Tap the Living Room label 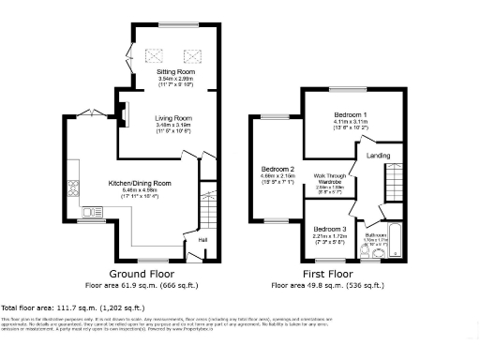[172, 118]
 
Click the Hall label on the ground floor [202, 240]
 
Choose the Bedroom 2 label [277, 170]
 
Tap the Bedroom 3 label [329, 229]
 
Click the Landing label [379, 155]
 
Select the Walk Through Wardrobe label [329, 178]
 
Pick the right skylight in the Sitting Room [193, 53]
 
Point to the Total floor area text [74, 307]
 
